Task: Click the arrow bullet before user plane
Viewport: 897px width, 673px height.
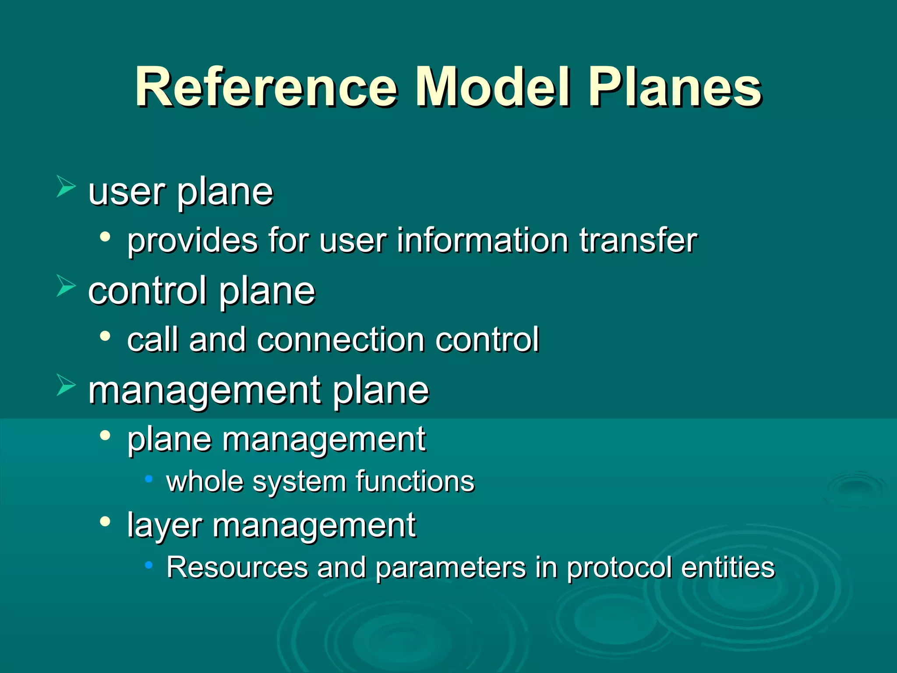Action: (66, 187)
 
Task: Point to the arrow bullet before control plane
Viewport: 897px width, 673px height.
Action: (66, 287)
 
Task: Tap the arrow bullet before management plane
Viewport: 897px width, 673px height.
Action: (66, 386)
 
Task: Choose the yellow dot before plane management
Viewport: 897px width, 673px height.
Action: (105, 436)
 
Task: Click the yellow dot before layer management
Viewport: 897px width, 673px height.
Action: (105, 521)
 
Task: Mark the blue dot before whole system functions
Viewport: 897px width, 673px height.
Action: (149, 479)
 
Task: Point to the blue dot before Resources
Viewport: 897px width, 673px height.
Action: (149, 565)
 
